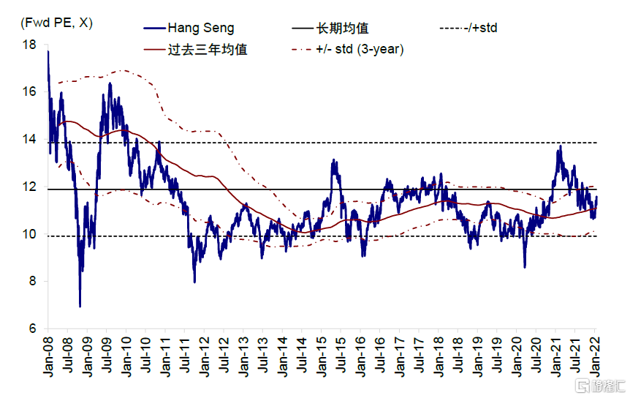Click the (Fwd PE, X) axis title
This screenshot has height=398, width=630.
tap(57, 23)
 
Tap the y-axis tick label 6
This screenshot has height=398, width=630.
tap(32, 329)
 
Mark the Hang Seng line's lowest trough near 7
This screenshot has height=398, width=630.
tap(80, 306)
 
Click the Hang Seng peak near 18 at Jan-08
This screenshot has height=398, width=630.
tap(48, 51)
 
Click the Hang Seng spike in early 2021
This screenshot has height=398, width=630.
tap(560, 146)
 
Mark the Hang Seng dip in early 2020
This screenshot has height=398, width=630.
tap(524, 266)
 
